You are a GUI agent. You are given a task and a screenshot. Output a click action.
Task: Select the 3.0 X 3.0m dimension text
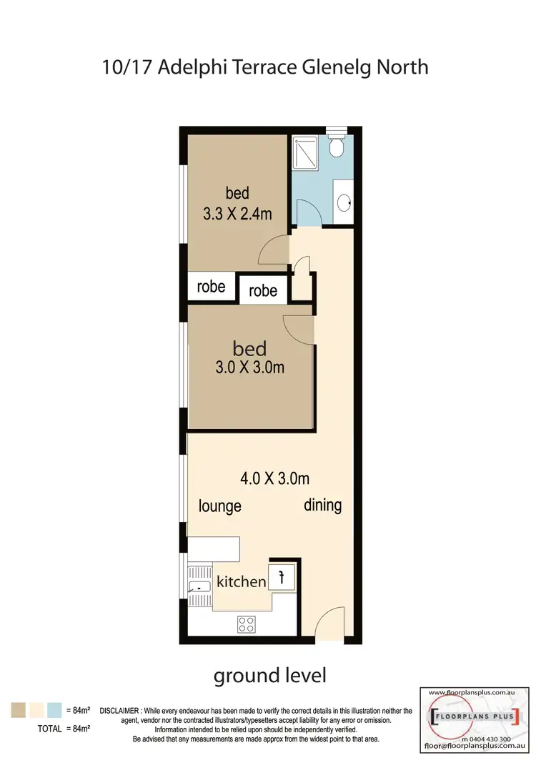[x=250, y=368]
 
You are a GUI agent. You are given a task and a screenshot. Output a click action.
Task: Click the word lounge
[x=219, y=506]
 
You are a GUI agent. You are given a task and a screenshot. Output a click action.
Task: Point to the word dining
[x=322, y=505]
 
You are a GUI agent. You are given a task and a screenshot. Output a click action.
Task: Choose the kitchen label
[x=241, y=581]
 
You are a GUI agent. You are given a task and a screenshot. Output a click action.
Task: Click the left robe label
[x=211, y=287]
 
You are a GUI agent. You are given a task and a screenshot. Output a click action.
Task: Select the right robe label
[x=263, y=291]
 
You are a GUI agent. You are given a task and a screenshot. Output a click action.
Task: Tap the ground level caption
[x=270, y=674]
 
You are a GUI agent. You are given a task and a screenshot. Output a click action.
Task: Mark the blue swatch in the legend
[x=54, y=710]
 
